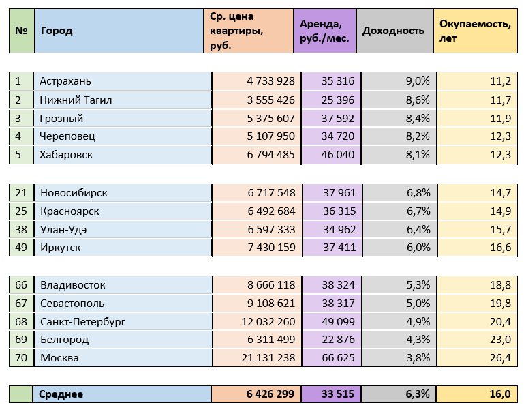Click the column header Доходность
coord(393,31)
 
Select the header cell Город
coord(57,31)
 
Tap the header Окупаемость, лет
coord(475,31)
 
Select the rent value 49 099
coord(338,321)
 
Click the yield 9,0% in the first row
coord(417,81)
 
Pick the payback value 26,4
coord(499,358)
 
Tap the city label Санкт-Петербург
coord(82,321)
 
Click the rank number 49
coord(21,248)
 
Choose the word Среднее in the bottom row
coord(61,394)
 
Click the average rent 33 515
coord(338,394)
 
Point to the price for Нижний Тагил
coord(270,100)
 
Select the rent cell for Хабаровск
coord(338,155)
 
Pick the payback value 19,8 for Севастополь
coord(499,303)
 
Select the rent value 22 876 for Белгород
coord(338,340)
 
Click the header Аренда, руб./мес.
coord(324,31)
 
